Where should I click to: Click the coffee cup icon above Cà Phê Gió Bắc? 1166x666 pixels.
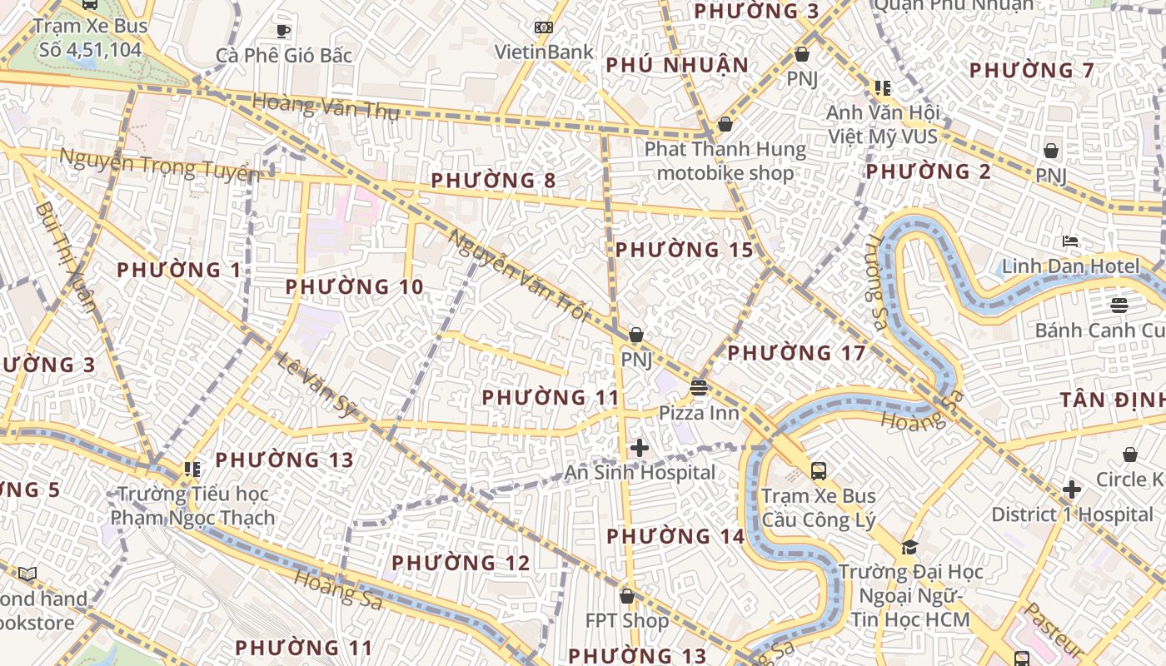(283, 32)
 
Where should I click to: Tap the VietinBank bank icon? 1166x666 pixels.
(544, 27)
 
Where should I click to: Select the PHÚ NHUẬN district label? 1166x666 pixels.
(677, 65)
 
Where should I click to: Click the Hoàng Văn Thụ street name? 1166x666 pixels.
(326, 106)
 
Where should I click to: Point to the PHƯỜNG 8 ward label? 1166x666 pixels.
(494, 180)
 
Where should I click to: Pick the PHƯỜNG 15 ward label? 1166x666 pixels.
(684, 250)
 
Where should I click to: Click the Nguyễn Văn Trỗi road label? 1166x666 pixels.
(519, 276)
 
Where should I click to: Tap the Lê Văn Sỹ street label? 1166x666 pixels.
(316, 384)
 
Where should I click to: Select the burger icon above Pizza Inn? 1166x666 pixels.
(698, 387)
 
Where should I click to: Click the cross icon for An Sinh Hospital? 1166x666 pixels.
(639, 448)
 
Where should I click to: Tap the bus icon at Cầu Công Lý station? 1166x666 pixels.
(818, 471)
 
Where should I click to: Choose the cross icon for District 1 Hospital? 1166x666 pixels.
(1072, 489)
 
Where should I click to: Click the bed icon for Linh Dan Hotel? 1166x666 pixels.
(1070, 242)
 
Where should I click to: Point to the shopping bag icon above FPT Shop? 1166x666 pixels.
(627, 596)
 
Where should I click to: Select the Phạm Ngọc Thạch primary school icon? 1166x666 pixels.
(192, 470)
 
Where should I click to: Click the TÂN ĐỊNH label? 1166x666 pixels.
(1113, 400)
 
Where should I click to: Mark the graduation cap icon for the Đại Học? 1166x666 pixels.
(909, 547)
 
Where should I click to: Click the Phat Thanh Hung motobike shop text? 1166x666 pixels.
(725, 162)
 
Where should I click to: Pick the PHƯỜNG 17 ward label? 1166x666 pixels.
(797, 353)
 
